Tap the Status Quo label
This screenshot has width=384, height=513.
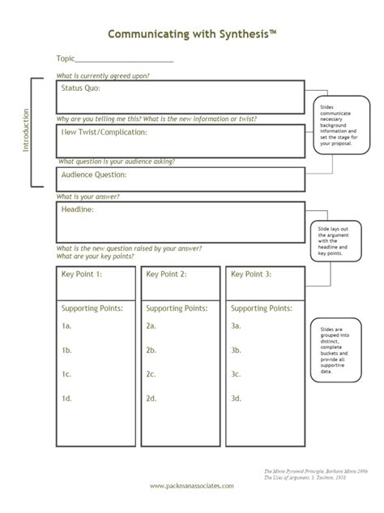tap(82, 88)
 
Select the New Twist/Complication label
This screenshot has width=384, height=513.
tap(104, 131)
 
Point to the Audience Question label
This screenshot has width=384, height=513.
tap(94, 174)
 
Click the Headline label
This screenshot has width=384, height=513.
tap(78, 209)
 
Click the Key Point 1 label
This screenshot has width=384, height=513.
tap(82, 274)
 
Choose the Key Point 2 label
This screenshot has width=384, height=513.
tap(167, 274)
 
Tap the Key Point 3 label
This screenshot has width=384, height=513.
tap(251, 274)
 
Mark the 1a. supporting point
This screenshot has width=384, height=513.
tap(67, 325)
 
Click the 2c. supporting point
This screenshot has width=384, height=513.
tap(151, 374)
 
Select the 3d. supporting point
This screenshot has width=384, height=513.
tap(237, 399)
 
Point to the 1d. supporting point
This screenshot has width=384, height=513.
tap(67, 399)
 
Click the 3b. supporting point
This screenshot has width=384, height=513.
tap(237, 350)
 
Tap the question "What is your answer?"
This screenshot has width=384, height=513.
tap(87, 196)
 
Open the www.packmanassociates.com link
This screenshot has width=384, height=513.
tap(192, 485)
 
